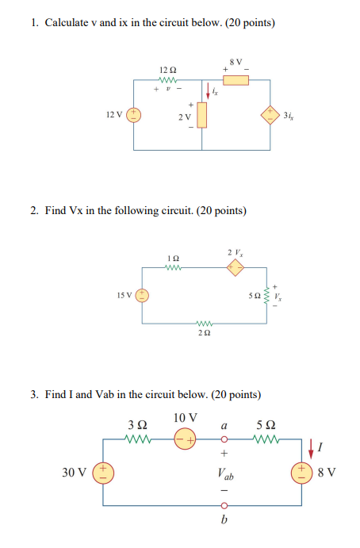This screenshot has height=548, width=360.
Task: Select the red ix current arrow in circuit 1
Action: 209,90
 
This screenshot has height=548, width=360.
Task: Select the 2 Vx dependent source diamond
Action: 236,269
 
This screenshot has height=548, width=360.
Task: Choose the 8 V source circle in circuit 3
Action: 302,473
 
